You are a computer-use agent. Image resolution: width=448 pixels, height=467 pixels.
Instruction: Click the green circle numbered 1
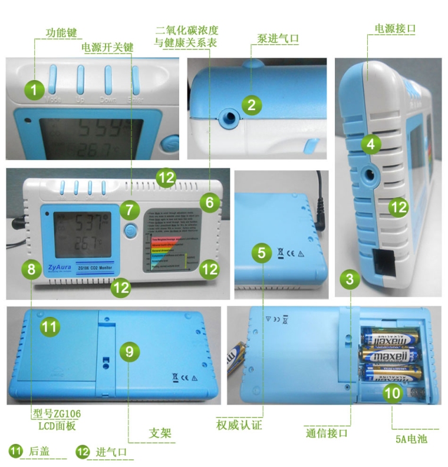35,90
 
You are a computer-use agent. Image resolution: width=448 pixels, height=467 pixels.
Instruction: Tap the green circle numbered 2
252,106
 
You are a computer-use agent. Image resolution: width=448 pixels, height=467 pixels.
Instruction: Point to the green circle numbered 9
131,352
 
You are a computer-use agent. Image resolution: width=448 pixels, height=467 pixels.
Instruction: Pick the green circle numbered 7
130,208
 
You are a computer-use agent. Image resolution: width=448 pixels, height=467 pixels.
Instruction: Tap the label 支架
160,433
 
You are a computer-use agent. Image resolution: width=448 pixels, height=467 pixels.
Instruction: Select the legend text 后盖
39,452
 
